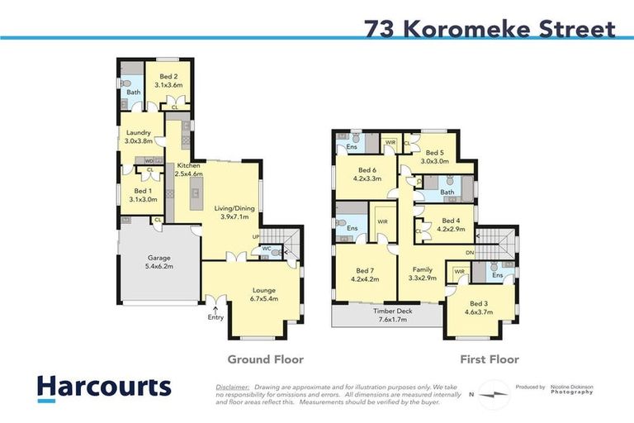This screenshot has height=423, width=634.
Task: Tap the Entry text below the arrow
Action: pyautogui.click(x=215, y=317)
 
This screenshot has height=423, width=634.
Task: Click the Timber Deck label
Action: pyautogui.click(x=387, y=315)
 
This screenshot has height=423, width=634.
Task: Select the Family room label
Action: pyautogui.click(x=423, y=274)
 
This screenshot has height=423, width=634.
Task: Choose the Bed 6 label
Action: pyautogui.click(x=367, y=173)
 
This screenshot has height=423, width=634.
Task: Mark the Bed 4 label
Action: pyautogui.click(x=451, y=225)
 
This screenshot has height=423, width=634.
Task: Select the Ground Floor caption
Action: pyautogui.click(x=266, y=359)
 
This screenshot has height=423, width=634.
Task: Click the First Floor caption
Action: pyautogui.click(x=490, y=359)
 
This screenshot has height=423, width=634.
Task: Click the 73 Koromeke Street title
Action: pyautogui.click(x=490, y=29)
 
